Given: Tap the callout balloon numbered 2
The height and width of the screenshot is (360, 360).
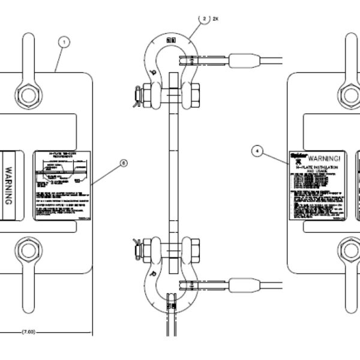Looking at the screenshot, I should [206, 19].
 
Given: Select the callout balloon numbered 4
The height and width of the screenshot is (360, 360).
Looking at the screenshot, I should [257, 152].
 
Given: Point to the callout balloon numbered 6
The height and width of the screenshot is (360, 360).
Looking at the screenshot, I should [124, 162].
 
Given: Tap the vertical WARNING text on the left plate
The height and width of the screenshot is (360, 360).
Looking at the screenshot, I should [10, 186].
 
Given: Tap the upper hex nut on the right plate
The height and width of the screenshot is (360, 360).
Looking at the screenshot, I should [351, 95].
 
